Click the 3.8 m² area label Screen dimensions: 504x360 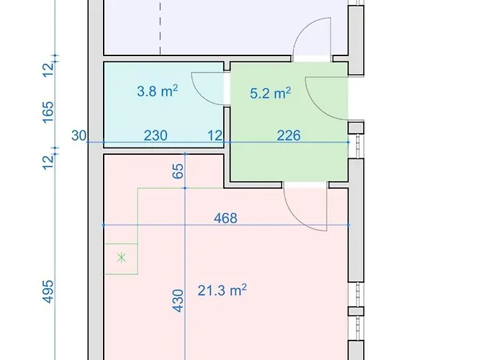coord(157,91)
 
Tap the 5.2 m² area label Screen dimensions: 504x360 coord(270,93)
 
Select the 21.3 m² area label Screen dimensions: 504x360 coord(222,290)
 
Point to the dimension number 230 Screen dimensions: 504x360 coord(156,135)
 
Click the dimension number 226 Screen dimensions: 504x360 coord(289,135)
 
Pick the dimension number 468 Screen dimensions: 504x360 coord(225,219)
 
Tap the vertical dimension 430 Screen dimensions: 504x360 coord(178,300)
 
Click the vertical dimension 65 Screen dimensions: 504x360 coord(178,171)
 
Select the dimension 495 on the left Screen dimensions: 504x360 coord(48,291)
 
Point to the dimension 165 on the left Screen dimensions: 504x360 coord(48,112)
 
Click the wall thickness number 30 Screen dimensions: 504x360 coord(78,135)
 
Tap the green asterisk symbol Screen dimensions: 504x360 coord(122,258)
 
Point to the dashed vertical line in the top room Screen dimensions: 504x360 coord(160,27)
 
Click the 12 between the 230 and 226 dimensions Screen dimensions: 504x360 coord(215,135)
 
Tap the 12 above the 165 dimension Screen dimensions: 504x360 coord(48,69)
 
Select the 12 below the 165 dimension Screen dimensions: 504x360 coord(48,162)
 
